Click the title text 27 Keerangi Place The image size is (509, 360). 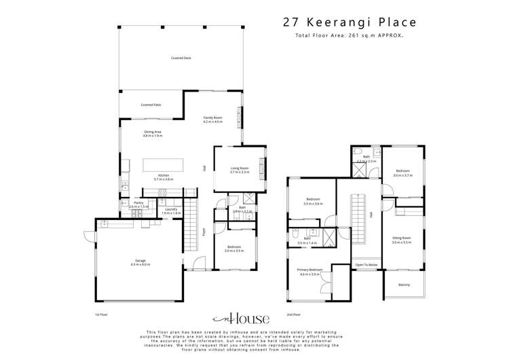click(x=350, y=22)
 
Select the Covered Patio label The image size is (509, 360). click(x=151, y=105)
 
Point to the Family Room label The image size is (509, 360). click(x=213, y=119)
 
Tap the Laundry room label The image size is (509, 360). click(x=172, y=210)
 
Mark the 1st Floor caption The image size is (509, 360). click(x=101, y=314)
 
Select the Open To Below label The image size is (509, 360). click(x=366, y=264)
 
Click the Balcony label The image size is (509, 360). click(x=404, y=284)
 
